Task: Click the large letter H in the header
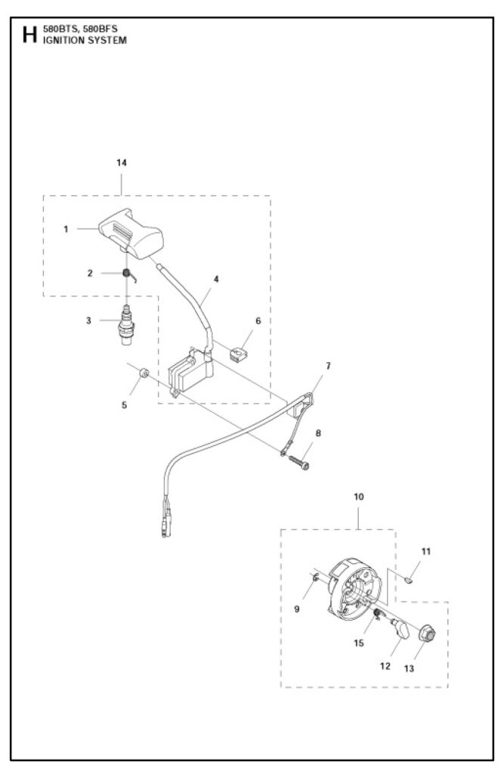click(29, 35)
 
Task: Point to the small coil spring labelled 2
click(128, 274)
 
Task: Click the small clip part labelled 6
click(239, 354)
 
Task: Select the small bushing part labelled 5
click(144, 372)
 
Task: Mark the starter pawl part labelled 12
click(400, 630)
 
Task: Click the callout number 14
click(122, 163)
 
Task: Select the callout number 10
click(359, 496)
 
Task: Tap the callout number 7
click(328, 366)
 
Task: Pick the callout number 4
click(216, 279)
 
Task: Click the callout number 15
click(359, 642)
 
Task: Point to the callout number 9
click(297, 608)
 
